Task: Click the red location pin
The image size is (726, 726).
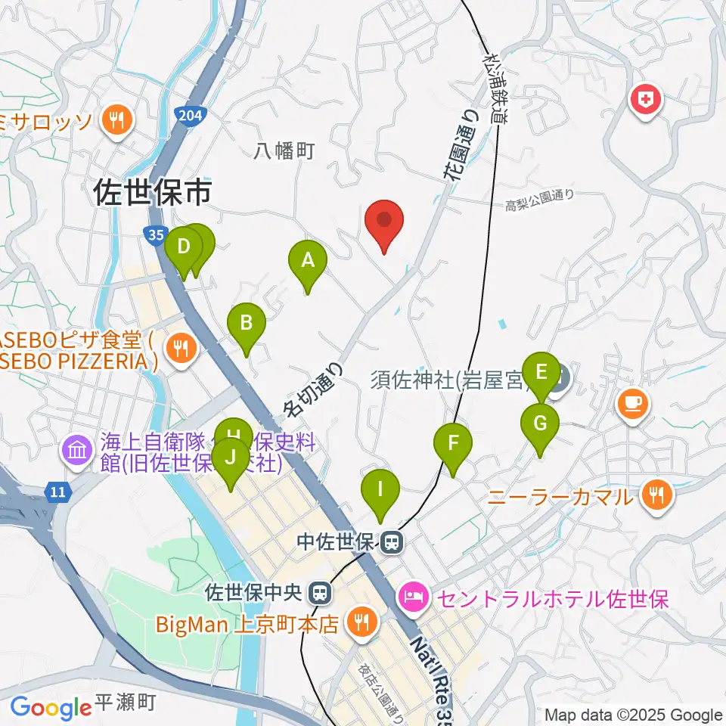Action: point(384,221)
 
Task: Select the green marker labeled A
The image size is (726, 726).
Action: point(308,262)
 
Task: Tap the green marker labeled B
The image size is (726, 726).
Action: point(247,324)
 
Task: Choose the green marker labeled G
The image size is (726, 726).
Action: point(540,424)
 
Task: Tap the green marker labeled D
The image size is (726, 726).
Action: point(184,248)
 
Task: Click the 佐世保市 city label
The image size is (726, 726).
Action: point(152,194)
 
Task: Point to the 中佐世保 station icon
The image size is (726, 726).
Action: point(392,541)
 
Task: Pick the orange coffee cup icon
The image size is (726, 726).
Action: point(632,402)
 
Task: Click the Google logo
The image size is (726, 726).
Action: point(51,707)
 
